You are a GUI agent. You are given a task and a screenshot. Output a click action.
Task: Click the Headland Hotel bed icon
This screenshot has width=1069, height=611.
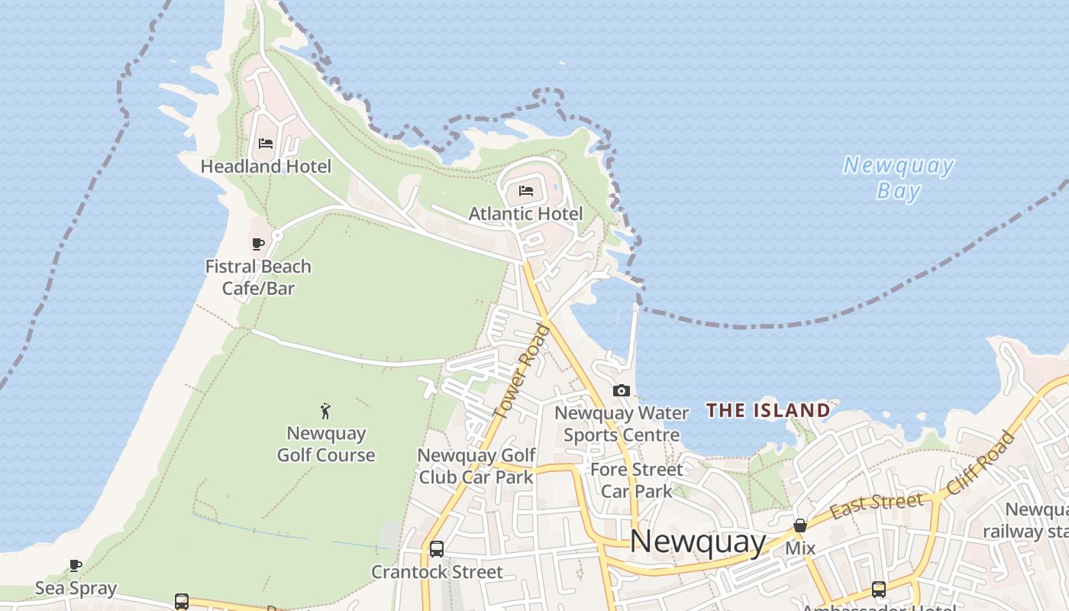click(x=266, y=144)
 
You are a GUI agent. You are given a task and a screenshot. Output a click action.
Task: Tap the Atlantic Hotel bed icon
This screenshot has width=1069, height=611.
click(x=526, y=191)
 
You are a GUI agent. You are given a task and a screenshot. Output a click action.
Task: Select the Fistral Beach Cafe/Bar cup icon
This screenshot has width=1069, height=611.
click(x=258, y=244)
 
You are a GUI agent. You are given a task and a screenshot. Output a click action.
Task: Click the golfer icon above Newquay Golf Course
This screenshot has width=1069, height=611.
click(x=326, y=411)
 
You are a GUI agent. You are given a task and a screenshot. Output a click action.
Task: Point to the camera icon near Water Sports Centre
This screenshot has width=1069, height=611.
click(x=622, y=391)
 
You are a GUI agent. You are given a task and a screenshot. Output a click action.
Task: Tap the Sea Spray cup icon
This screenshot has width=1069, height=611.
click(x=76, y=566)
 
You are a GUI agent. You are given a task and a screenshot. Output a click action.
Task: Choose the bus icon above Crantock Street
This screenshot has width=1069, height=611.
click(x=437, y=549)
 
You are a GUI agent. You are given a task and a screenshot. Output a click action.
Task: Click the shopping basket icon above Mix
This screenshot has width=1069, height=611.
click(x=800, y=526)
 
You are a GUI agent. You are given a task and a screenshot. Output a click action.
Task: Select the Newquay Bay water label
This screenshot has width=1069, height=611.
click(x=899, y=177)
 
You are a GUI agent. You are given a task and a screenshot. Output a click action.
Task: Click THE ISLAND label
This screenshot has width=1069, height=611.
click(x=768, y=410)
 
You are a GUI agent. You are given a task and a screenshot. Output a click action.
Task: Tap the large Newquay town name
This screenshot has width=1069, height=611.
click(x=698, y=541)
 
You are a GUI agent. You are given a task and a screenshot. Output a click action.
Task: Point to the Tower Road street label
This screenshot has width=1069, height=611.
click(x=522, y=371)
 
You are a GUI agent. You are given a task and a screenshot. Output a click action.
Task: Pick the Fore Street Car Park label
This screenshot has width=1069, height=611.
click(x=636, y=480)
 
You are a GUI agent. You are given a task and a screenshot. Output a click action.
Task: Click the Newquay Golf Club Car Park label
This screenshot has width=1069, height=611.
click(x=476, y=466)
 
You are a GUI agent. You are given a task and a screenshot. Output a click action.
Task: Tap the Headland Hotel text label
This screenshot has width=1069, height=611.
click(x=266, y=166)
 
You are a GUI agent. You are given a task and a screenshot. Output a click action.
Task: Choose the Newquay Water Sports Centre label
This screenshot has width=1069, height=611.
click(x=622, y=424)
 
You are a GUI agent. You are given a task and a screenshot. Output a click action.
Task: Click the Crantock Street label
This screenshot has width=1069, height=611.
click(x=437, y=572)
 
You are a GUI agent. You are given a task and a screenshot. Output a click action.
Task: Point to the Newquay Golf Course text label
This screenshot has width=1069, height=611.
click(x=326, y=444)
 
